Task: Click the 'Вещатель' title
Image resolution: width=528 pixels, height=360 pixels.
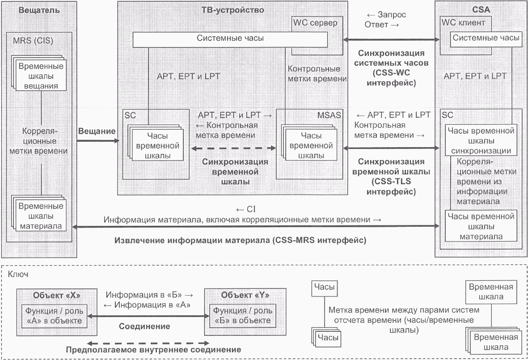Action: coord(39,10)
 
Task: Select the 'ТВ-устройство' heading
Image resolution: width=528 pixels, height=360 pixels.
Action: coord(232,10)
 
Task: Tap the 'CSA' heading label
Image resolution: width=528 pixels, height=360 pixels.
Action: coord(481,9)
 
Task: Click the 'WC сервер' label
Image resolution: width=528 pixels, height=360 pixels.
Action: coord(315,23)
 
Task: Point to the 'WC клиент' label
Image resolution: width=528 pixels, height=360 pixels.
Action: coord(463,22)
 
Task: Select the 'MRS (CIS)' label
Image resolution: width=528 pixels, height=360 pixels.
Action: coord(33,41)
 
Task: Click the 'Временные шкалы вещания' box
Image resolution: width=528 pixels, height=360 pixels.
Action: coord(41,76)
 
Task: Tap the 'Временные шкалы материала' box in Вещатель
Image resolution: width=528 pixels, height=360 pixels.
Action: coord(41,216)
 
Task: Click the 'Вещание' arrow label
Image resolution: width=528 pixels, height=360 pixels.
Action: coord(97,131)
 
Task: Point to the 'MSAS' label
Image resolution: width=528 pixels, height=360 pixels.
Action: coord(329,115)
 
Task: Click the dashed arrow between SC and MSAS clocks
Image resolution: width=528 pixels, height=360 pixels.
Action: coord(233,148)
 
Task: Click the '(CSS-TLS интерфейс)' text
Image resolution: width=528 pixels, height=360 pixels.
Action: coord(391,186)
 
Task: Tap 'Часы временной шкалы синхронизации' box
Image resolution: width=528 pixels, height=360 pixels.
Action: coord(481,140)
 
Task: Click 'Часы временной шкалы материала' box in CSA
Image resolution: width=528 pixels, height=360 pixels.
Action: coord(481,226)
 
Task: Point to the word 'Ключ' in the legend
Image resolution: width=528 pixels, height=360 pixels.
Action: coord(18,274)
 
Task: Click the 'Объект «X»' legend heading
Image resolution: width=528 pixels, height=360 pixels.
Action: coord(57,295)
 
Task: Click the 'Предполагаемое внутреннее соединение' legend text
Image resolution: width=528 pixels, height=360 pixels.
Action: coord(153,350)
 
